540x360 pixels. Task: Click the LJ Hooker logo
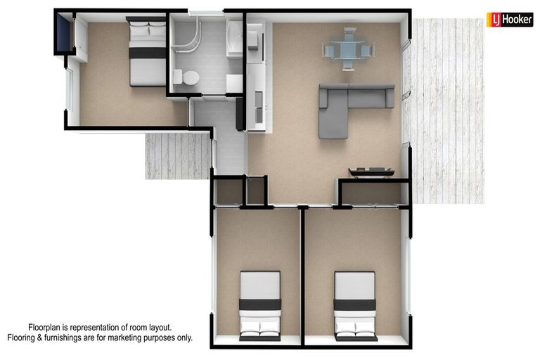(509, 20)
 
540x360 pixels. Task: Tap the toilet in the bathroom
(188, 77)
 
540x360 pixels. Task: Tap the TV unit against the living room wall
(371, 171)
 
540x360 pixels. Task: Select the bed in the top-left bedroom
(148, 52)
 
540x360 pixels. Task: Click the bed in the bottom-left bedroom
(260, 306)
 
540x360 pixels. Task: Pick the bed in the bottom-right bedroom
(355, 306)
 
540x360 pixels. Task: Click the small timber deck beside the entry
(177, 155)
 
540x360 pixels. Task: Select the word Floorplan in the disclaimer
(50, 328)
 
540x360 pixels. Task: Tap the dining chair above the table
(348, 32)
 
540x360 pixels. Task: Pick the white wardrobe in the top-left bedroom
(80, 40)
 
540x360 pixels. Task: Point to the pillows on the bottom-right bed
(355, 328)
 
